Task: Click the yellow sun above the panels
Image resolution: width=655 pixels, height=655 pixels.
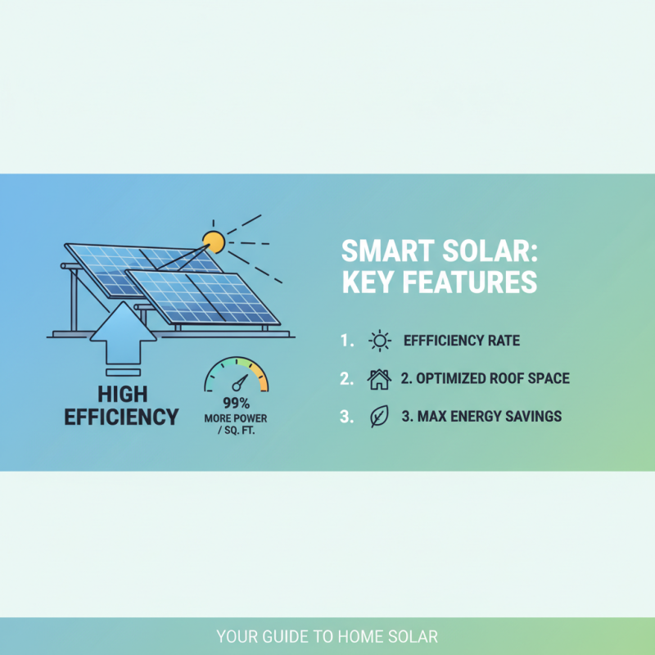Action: (x=214, y=242)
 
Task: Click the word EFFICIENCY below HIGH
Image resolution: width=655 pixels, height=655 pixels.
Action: (x=120, y=416)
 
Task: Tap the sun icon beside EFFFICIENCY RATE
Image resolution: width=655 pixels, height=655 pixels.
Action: (x=380, y=341)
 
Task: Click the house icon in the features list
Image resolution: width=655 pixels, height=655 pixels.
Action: (x=380, y=379)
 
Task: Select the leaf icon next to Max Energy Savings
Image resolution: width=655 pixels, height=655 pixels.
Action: (x=379, y=416)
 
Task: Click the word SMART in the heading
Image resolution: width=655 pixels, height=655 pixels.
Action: (x=384, y=250)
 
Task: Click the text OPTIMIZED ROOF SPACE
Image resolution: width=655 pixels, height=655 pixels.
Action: (x=492, y=379)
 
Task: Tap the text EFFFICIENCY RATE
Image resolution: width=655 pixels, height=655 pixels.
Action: (x=461, y=341)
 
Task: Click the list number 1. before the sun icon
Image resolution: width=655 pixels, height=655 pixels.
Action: (x=346, y=341)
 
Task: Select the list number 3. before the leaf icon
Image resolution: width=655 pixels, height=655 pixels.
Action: (x=346, y=416)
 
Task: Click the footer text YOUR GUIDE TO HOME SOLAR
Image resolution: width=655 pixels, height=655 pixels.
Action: (x=327, y=636)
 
